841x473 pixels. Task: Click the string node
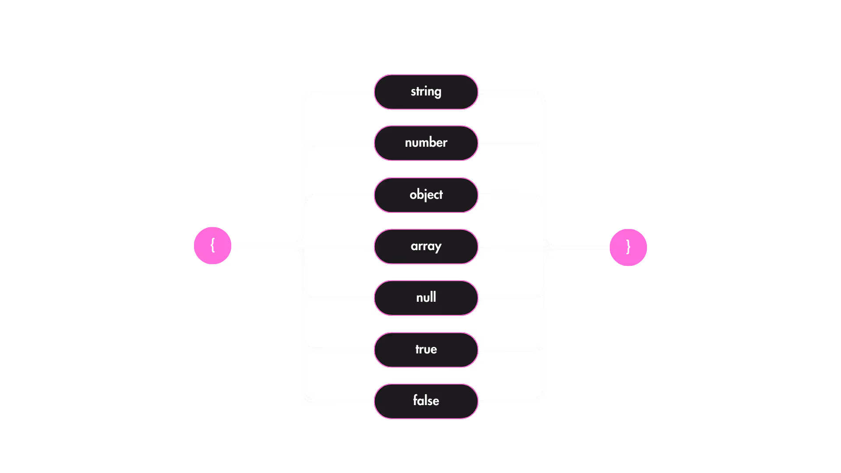tap(426, 92)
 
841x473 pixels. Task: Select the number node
tap(426, 143)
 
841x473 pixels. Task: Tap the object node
tap(426, 195)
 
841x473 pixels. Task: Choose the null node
tap(426, 298)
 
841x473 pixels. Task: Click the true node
tap(426, 349)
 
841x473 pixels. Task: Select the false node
tap(426, 401)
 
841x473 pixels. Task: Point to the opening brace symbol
tap(212, 245)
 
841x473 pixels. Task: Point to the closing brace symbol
tap(628, 247)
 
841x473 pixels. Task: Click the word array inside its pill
tap(426, 246)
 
